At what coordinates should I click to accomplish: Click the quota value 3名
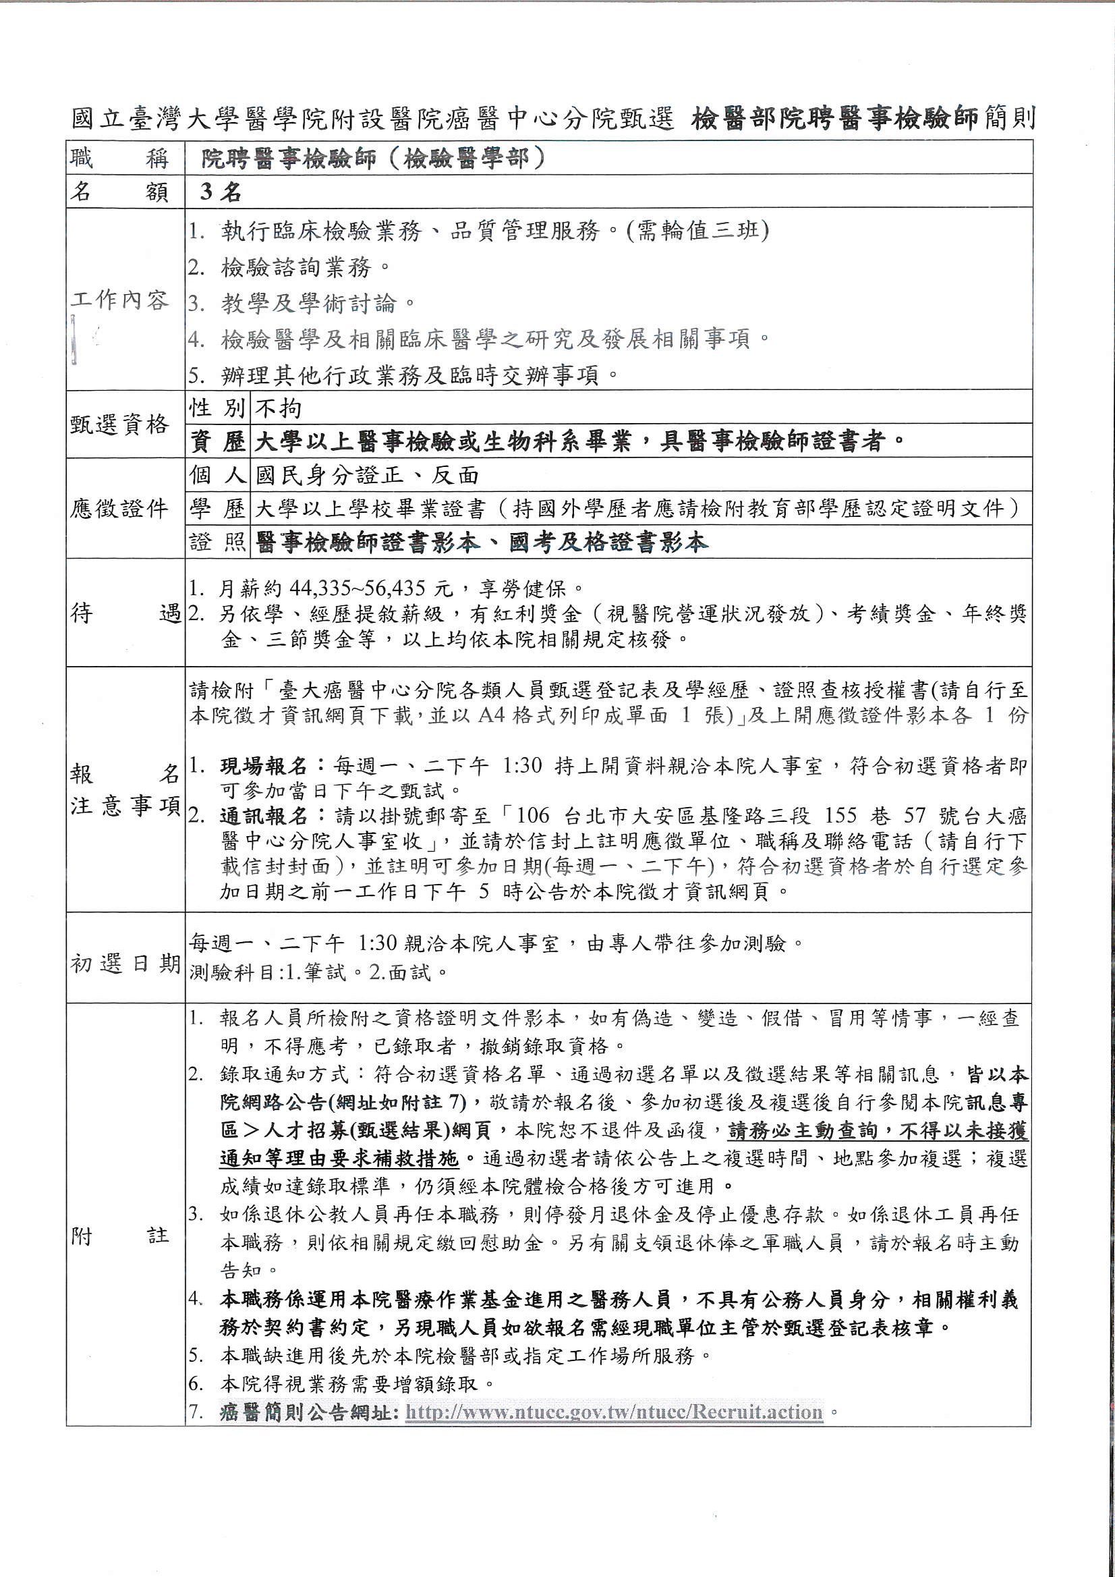point(221,192)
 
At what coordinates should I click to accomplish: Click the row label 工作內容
point(119,301)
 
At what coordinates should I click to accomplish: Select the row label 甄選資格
point(119,425)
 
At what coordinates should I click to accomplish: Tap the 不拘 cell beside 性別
point(278,409)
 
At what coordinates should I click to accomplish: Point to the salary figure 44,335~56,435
point(359,588)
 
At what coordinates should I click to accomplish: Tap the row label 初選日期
point(124,964)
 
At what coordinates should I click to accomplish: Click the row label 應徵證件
point(119,509)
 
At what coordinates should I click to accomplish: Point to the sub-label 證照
point(217,543)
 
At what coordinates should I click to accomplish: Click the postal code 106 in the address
point(535,817)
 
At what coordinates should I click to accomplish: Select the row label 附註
point(119,1236)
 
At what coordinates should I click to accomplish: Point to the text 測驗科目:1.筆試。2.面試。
point(318,973)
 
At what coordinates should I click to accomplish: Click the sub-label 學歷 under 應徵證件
point(217,509)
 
